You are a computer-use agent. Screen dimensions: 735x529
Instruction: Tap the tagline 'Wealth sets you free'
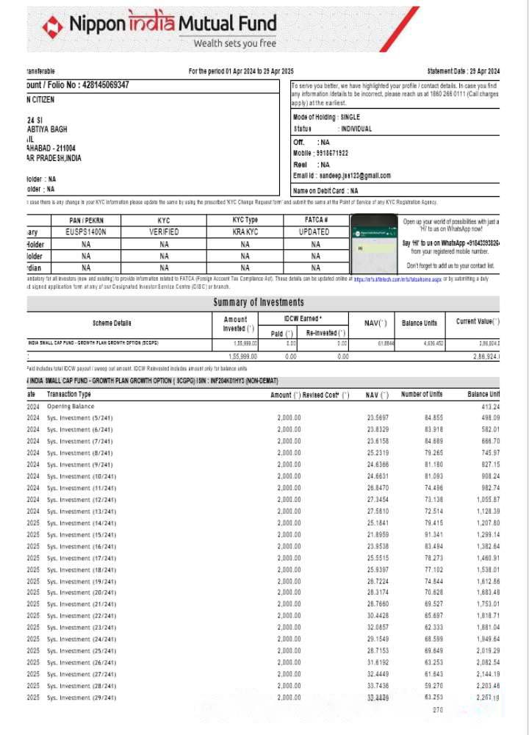tap(234, 43)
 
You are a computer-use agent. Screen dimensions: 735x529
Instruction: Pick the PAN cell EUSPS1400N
tap(86, 232)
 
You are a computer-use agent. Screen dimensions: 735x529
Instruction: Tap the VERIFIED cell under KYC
tap(164, 232)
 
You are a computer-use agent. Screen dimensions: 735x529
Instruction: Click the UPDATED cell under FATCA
tap(315, 232)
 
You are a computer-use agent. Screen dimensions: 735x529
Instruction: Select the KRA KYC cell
tap(245, 232)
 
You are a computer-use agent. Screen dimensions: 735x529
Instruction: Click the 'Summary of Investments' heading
tap(258, 302)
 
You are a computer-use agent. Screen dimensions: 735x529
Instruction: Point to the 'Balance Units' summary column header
tap(420, 323)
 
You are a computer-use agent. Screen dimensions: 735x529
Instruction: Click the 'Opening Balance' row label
tap(71, 406)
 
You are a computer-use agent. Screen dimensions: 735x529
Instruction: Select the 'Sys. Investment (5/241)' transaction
tap(79, 418)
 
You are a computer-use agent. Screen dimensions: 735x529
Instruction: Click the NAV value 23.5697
tap(378, 418)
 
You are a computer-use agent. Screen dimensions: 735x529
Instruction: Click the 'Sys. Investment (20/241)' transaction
tap(81, 592)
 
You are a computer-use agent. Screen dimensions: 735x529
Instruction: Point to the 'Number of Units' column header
tap(422, 395)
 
